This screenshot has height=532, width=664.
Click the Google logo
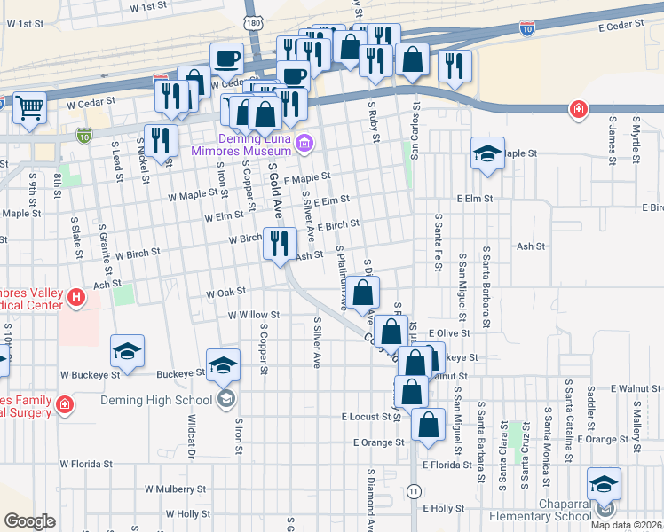(28, 521)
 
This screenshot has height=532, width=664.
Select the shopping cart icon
(30, 108)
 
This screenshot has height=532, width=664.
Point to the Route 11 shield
(414, 490)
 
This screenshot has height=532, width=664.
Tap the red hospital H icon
(76, 297)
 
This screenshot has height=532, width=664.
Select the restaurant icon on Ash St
(280, 242)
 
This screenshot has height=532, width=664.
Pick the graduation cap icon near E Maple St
(487, 153)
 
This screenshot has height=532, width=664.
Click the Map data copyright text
(625, 524)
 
